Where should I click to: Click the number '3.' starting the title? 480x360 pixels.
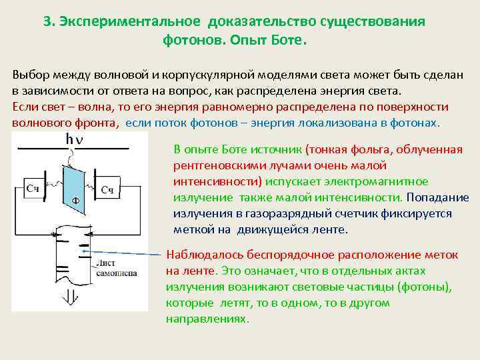coord(49,21)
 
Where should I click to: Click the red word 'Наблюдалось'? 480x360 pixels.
coord(201,255)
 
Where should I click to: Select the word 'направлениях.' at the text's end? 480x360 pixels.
coord(207,319)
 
